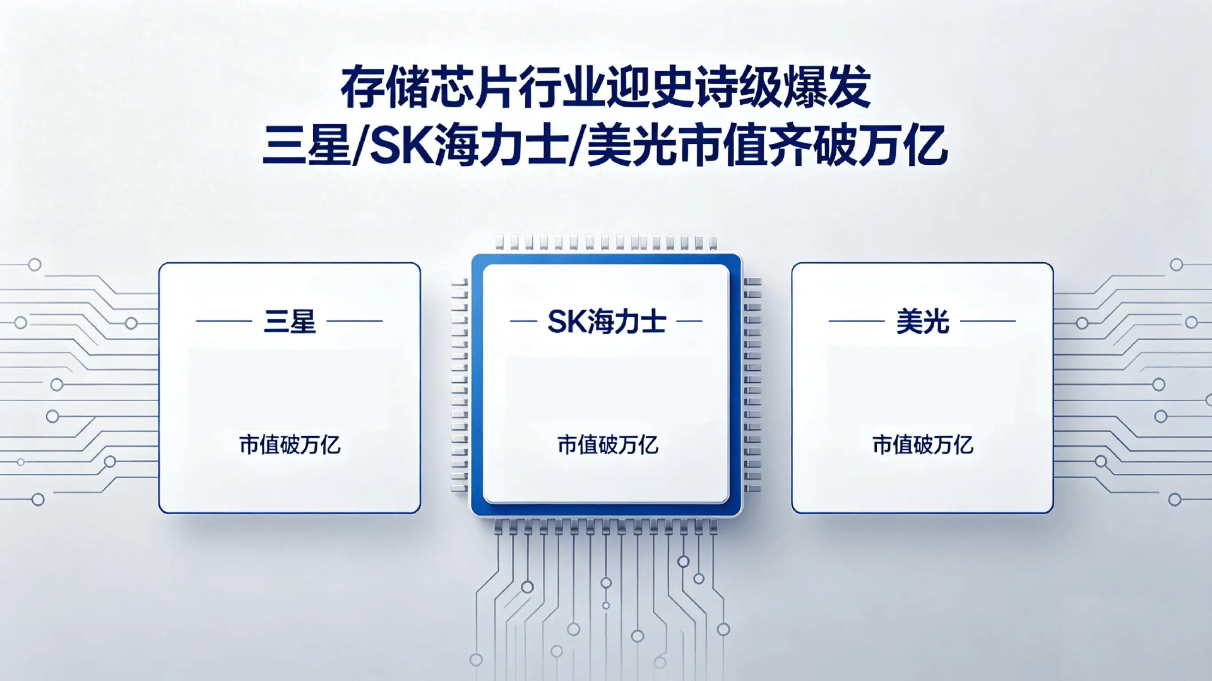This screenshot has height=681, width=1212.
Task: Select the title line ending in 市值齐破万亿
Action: (x=605, y=145)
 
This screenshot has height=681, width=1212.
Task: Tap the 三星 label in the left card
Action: (x=290, y=322)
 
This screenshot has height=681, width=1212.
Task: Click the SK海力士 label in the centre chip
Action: (x=607, y=322)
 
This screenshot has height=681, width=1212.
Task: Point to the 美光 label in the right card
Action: (x=922, y=322)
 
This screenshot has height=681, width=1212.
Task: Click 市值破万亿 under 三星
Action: (x=290, y=445)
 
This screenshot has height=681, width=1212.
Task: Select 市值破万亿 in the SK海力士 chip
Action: (x=607, y=445)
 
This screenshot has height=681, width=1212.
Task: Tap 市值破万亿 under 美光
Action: (x=922, y=445)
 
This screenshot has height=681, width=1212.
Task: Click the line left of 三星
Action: (x=224, y=321)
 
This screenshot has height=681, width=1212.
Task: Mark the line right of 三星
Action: (x=355, y=321)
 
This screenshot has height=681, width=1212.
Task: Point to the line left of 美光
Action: (x=857, y=321)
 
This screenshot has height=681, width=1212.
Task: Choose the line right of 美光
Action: (x=988, y=321)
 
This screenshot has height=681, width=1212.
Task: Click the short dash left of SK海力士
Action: (x=523, y=321)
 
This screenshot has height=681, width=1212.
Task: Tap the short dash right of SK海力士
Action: (x=689, y=321)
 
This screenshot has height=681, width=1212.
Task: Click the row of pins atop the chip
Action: (x=606, y=243)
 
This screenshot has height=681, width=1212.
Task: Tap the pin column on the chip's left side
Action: (x=460, y=385)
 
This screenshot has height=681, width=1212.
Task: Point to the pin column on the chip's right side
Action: (x=752, y=385)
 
